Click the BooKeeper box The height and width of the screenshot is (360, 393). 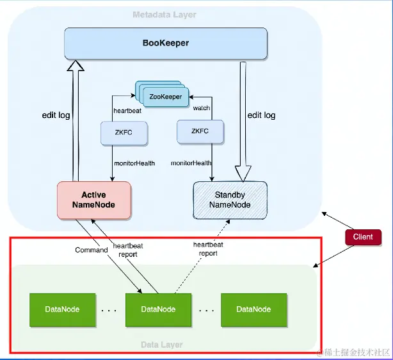coord(165,44)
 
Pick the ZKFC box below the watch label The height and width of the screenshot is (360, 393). coord(200,131)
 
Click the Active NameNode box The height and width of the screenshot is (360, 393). coord(93,199)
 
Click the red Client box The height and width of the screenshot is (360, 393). coord(363,237)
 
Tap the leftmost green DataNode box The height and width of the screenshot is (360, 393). coord(62,309)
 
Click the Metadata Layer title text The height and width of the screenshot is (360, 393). coord(164,15)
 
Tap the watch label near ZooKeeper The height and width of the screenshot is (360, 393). coord(202,108)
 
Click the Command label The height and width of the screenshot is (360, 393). coord(91,250)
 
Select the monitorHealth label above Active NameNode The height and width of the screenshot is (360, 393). coord(134,163)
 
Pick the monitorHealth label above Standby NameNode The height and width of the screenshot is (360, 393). coord(191,163)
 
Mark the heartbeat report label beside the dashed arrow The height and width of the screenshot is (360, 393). coord(208,249)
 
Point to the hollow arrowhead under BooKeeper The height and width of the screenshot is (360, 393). coord(76,65)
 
